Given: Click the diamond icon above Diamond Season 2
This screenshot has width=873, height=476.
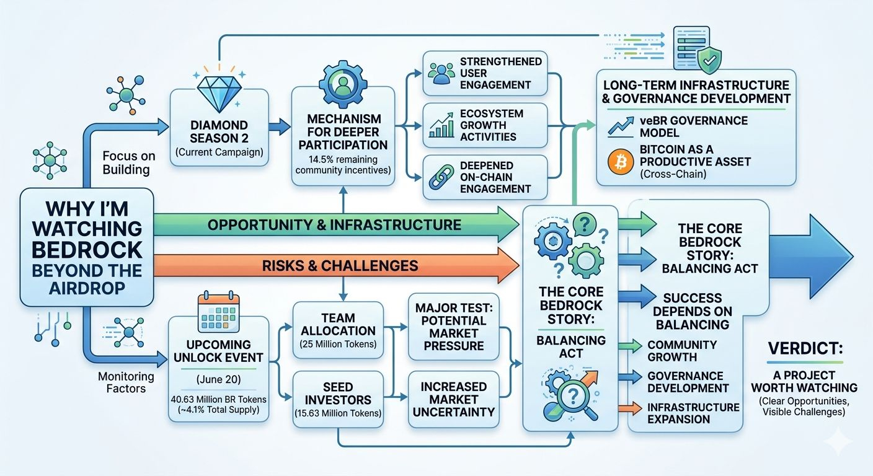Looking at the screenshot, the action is [x=219, y=94].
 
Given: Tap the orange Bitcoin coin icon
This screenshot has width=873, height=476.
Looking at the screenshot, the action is [x=621, y=162].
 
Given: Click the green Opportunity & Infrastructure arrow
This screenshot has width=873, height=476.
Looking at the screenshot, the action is [x=336, y=225].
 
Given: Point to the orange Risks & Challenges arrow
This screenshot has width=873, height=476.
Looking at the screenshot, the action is [x=336, y=265].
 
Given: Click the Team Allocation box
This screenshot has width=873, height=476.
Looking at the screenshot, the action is [x=338, y=330].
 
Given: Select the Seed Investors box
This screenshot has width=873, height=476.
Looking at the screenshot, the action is [x=338, y=400].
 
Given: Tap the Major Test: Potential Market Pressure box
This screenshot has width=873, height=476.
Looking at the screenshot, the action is [x=454, y=327].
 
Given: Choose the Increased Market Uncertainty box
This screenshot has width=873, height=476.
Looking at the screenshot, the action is [x=454, y=399].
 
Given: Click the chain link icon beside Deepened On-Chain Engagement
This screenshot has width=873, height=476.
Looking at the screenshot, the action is [x=441, y=177].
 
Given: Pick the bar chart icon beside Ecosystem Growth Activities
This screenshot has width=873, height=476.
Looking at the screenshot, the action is [x=441, y=125].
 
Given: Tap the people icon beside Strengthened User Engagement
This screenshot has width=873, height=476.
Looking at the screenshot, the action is [x=441, y=73].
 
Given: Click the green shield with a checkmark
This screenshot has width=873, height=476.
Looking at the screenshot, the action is [x=709, y=60].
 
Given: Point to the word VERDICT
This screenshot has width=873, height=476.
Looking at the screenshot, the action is [x=805, y=348].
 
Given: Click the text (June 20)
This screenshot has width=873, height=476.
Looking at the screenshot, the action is [x=219, y=379].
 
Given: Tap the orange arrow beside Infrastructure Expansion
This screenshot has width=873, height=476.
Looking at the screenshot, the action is [x=630, y=408].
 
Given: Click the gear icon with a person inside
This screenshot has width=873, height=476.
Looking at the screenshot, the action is [x=343, y=84].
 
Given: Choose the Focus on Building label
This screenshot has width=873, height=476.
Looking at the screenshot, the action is [x=128, y=163].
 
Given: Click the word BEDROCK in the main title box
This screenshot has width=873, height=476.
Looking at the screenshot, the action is [x=87, y=250].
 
